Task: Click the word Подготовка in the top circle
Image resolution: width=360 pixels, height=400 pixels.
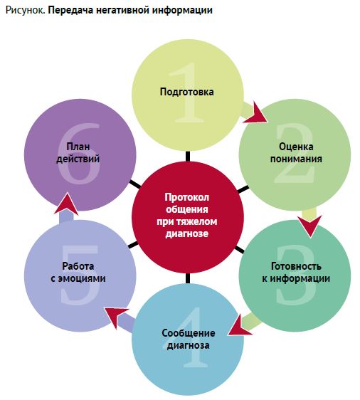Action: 186,92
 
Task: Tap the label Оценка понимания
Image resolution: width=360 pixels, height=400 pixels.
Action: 296,152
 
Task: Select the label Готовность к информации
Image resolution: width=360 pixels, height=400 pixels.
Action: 296,272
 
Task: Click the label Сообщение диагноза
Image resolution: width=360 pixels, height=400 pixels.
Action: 188,339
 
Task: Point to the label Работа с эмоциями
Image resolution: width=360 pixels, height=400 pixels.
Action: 78,272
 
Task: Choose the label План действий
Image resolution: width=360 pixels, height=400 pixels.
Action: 78,152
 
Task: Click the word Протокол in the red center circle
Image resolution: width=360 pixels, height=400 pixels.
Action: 187,197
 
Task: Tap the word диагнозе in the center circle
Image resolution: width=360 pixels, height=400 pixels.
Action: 187,233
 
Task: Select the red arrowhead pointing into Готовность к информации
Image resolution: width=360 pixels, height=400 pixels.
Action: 310,225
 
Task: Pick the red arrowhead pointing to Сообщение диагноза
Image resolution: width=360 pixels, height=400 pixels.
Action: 239,325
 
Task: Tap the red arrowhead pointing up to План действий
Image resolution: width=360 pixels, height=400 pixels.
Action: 67,204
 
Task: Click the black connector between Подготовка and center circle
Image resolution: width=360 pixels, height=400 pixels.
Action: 188,156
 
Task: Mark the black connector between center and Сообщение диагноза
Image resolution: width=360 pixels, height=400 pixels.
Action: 188,278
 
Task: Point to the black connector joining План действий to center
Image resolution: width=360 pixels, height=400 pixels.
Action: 135,184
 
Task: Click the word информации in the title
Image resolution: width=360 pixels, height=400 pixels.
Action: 184,10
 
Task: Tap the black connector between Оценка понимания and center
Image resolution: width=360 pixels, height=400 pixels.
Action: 243,189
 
